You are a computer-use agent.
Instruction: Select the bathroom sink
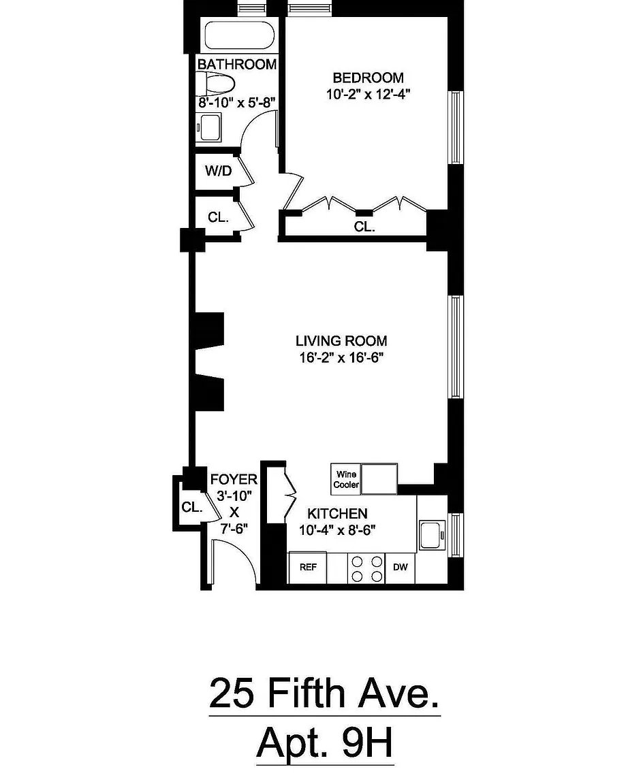209,128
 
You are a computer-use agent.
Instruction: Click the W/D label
218,171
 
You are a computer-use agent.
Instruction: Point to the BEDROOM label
368,78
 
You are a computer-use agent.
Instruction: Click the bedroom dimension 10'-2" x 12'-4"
368,95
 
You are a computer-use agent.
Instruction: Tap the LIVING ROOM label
341,340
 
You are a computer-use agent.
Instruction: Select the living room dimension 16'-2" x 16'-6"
341,358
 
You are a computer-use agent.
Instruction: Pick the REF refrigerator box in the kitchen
308,567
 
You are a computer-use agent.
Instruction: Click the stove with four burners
366,568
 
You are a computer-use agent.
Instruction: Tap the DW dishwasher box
401,567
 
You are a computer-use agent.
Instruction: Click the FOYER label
234,480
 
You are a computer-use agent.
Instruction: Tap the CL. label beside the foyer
191,507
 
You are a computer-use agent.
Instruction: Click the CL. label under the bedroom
364,227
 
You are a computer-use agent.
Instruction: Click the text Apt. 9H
325,745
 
